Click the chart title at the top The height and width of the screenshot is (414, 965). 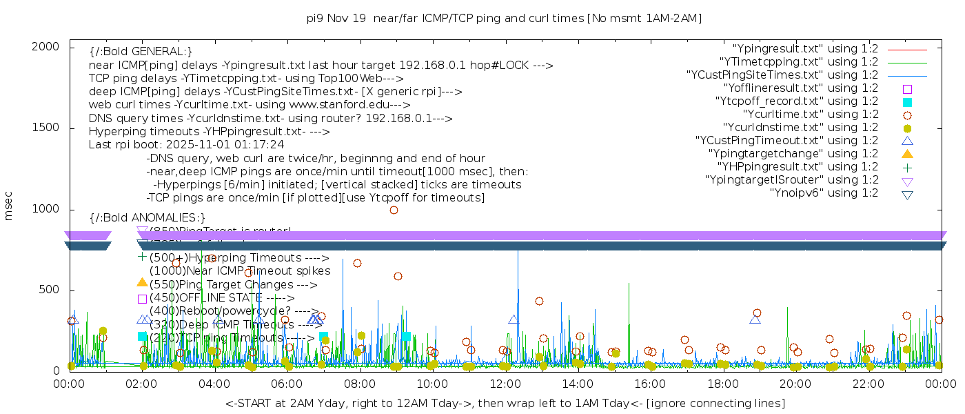pos(504,18)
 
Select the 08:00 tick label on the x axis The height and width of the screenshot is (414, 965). pos(359,384)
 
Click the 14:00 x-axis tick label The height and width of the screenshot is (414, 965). pos(577,384)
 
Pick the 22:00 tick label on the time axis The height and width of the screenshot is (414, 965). pos(867,384)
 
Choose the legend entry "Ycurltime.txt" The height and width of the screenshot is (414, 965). pos(810,115)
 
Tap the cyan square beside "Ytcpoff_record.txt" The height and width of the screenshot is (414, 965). pos(907,101)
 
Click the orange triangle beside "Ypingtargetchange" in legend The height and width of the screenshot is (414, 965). pos(907,154)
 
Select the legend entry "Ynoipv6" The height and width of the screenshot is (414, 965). pos(824,193)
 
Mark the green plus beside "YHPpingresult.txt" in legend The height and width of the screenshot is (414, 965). pos(907,167)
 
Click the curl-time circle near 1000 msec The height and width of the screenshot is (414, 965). pos(394,210)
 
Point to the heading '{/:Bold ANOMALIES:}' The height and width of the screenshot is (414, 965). pos(148,218)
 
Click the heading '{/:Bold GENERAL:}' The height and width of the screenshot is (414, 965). pos(141,52)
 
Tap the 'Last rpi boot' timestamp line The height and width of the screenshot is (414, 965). pos(186,145)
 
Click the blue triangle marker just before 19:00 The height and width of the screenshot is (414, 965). pos(755,319)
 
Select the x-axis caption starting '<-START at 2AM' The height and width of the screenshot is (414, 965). pos(505,403)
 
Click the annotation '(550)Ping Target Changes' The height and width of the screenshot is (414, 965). pos(233,284)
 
